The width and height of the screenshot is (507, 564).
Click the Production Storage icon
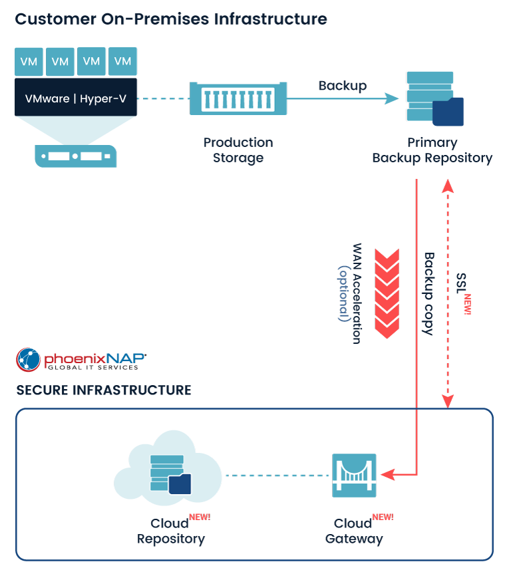(x=238, y=99)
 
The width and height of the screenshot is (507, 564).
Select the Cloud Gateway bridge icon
(x=354, y=475)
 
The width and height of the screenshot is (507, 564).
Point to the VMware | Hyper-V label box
(x=76, y=99)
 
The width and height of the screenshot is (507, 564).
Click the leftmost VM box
(x=29, y=61)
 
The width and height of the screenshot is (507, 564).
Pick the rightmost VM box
(x=122, y=61)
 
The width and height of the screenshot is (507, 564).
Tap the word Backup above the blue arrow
(x=342, y=86)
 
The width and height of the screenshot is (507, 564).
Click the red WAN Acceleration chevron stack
(x=387, y=293)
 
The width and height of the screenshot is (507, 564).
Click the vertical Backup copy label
(x=429, y=293)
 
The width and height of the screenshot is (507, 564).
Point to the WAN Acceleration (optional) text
(x=350, y=293)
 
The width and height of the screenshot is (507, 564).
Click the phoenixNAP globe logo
(x=28, y=360)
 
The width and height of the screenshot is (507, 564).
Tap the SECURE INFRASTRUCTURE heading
(x=104, y=390)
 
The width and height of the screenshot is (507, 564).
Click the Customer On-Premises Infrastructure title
(x=171, y=19)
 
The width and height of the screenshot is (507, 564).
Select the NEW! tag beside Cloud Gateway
(x=383, y=517)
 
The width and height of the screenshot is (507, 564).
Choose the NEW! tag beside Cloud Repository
(x=200, y=517)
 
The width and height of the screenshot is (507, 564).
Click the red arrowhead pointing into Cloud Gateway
(x=386, y=475)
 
